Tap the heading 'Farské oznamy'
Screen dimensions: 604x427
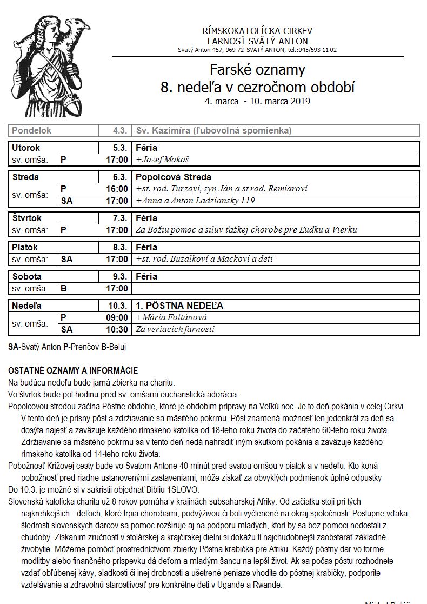tap(257, 70)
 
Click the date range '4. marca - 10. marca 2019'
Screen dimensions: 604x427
tap(257, 101)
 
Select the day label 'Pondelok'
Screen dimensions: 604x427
tap(32, 130)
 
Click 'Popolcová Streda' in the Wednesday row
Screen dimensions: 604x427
tap(174, 177)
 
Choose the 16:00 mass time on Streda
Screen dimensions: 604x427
tap(117, 189)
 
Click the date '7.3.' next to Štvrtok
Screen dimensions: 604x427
tap(119, 218)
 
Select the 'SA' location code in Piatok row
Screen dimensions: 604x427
tap(66, 259)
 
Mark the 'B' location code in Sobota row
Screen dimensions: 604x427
tap(64, 288)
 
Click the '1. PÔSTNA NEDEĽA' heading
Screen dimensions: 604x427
tap(179, 306)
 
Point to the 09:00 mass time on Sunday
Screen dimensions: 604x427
tap(117, 317)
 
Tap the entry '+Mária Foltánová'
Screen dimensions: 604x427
tap(172, 317)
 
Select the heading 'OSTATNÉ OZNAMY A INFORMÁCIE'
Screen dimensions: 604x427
tap(73, 370)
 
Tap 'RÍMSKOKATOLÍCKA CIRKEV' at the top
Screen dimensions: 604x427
tap(257, 31)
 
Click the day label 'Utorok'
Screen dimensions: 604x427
tap(26, 148)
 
